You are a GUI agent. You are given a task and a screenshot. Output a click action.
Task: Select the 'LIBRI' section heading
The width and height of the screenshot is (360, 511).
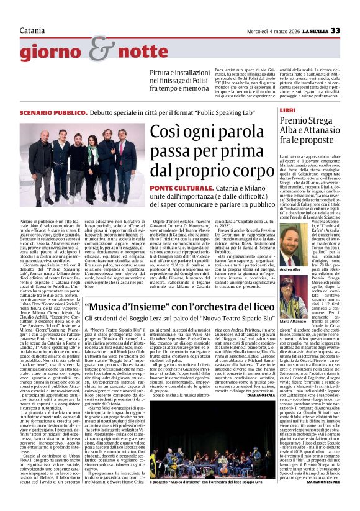[x=287, y=109]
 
